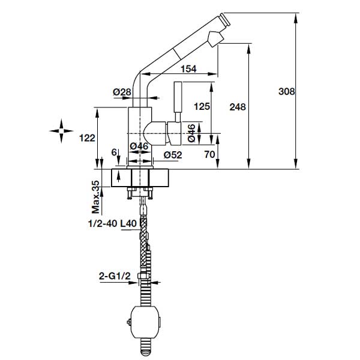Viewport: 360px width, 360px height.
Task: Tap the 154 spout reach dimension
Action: pos(188,70)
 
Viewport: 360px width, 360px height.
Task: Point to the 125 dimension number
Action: pos(202,107)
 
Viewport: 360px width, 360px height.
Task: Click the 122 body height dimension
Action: pos(87,138)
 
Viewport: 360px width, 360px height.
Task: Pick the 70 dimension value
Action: pos(210,154)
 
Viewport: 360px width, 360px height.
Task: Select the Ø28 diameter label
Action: pos(122,92)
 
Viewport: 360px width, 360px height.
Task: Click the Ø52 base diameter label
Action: pos(172,155)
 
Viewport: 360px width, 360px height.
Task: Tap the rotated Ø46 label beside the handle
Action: pos(190,133)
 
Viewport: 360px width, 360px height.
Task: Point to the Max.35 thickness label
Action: pos(95,197)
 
